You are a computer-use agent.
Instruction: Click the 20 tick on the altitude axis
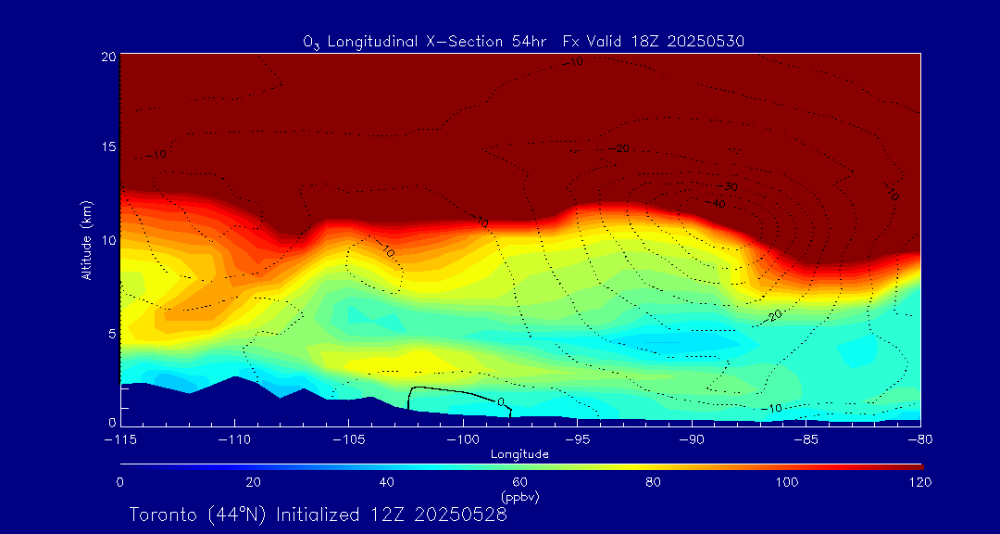107,57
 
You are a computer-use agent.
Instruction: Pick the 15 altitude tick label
107,147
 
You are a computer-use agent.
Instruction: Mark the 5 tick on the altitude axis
110,332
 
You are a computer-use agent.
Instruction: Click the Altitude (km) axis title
86,239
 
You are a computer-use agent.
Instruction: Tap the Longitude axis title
519,454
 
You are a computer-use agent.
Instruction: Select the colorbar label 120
920,482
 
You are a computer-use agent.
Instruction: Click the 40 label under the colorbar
387,482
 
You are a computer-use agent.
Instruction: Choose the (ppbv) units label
519,497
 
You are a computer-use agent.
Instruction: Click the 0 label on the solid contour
501,402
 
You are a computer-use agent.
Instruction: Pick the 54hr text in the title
532,42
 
